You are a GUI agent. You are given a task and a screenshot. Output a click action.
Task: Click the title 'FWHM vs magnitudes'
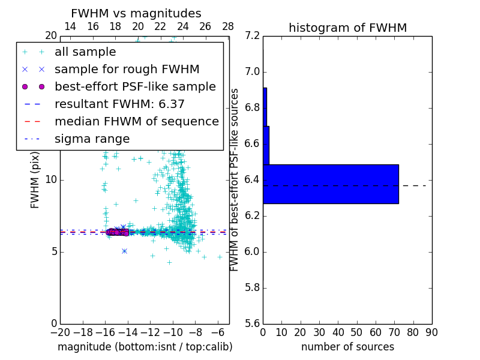(136, 14)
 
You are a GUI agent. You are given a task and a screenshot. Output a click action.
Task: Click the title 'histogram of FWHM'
(347, 28)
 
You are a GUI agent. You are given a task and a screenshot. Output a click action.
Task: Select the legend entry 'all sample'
(85, 52)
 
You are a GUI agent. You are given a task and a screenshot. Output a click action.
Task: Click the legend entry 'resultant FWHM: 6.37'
(119, 104)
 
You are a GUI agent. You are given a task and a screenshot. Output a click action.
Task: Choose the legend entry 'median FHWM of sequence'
(136, 122)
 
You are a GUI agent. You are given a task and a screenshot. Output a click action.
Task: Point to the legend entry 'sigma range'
(92, 139)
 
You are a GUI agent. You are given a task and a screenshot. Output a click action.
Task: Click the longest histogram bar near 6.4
(331, 184)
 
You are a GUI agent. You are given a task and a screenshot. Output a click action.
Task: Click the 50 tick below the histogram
(357, 332)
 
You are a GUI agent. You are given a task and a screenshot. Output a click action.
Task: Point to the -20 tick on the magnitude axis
(60, 332)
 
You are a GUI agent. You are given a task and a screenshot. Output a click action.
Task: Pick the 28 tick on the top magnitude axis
(228, 27)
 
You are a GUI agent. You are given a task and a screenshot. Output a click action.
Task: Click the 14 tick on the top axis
(70, 27)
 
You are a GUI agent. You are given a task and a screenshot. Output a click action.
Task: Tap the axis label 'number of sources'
(347, 347)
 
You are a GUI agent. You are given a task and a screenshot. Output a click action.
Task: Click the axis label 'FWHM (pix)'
(35, 179)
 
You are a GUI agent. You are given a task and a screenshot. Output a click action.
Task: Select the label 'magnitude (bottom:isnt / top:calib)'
(145, 347)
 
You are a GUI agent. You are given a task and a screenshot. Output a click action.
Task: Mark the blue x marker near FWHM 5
(124, 251)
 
